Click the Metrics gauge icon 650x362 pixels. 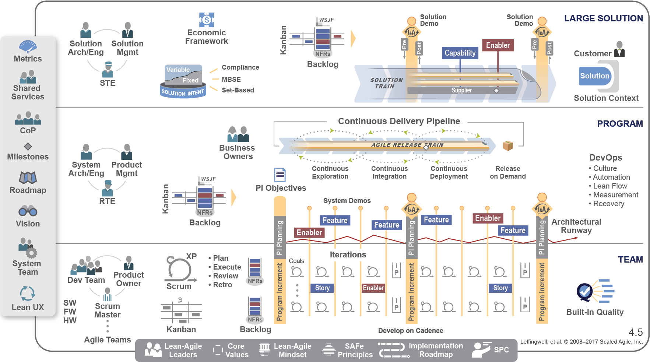(28, 47)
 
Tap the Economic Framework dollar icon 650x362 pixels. (207, 20)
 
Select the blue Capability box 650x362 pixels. (460, 53)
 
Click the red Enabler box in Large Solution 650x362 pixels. (498, 45)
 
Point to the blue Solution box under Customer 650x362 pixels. (595, 76)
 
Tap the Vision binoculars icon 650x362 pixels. (28, 211)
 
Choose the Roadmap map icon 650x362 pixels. (28, 178)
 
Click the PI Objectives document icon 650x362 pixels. (280, 175)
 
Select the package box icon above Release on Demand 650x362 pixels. (508, 146)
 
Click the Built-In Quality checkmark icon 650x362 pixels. (584, 292)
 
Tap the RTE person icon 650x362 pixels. (108, 188)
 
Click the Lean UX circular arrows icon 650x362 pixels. (28, 294)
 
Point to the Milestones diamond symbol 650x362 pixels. (28, 146)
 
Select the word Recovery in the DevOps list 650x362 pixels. (609, 204)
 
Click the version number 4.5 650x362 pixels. (636, 333)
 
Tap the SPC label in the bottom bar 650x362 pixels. (501, 350)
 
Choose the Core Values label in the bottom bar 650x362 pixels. (236, 351)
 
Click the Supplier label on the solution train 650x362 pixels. (462, 90)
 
